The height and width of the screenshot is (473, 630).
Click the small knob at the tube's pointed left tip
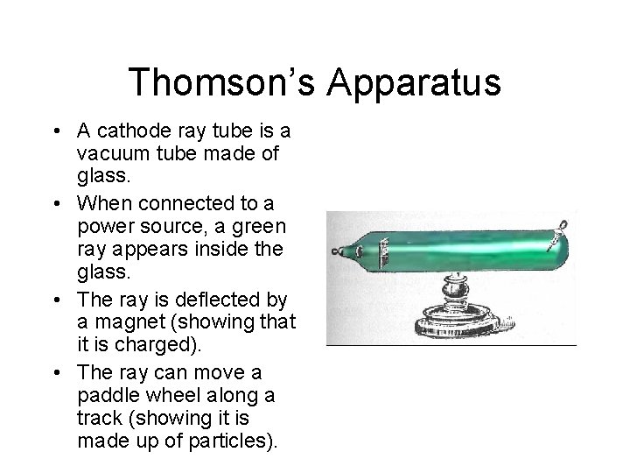click(336, 252)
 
